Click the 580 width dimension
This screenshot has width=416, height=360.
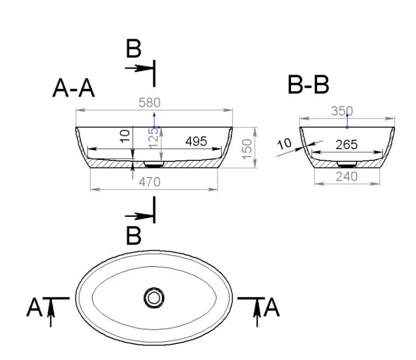click(x=150, y=103)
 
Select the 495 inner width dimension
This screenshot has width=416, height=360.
click(x=196, y=142)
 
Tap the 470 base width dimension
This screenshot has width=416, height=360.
click(x=150, y=182)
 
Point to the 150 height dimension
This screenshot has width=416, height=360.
click(x=247, y=149)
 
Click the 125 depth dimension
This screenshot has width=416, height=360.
click(x=153, y=138)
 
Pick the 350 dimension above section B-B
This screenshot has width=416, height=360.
click(x=342, y=111)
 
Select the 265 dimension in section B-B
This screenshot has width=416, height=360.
click(x=347, y=145)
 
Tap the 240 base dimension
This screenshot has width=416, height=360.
click(x=347, y=177)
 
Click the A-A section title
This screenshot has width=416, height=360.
click(x=74, y=89)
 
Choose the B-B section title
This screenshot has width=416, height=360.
click(x=308, y=84)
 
